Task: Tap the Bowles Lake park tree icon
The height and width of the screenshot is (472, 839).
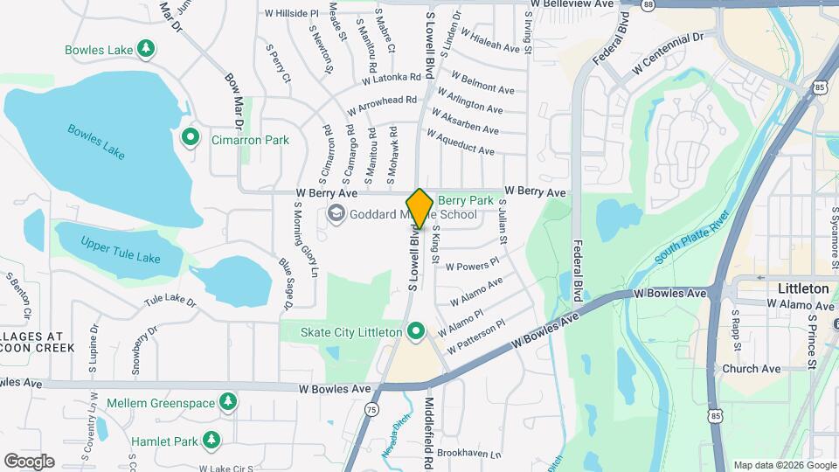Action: point(148,48)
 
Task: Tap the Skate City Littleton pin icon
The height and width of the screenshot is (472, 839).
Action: point(416,331)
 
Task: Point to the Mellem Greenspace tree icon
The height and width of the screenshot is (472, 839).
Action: point(227,402)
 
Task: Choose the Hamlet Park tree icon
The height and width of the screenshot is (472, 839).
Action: point(211,439)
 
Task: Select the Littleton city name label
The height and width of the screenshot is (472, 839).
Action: point(803,288)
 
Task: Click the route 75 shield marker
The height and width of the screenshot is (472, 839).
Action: point(372,409)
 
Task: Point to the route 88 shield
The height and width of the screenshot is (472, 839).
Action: point(647,5)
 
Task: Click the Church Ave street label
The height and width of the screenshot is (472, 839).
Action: point(751,369)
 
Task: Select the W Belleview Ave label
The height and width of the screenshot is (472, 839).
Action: point(572,4)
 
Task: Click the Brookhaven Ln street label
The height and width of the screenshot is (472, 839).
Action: point(469,454)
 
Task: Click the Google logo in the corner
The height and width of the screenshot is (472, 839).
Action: point(29,461)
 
